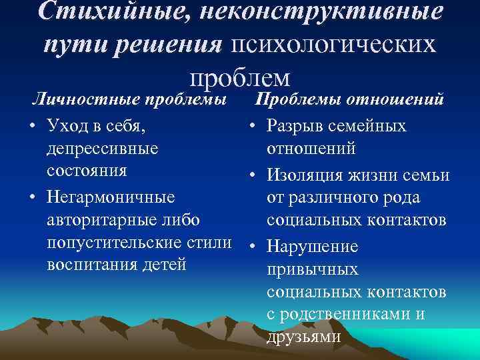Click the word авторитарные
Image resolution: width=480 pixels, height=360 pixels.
103,220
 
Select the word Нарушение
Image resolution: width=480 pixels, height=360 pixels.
313,247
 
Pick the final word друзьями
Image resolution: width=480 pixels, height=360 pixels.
303,337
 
